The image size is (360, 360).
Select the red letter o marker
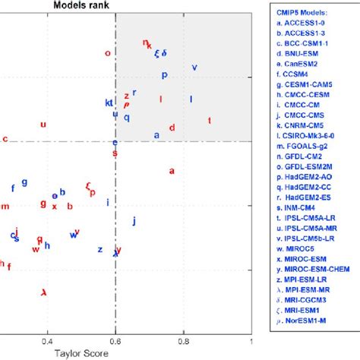tap(107, 53)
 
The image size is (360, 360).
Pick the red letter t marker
tap(210, 121)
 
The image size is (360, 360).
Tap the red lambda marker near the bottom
tap(43, 292)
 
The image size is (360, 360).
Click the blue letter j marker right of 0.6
tap(134, 221)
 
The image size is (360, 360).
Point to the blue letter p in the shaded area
tap(164, 75)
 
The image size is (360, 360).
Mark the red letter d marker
tap(172, 128)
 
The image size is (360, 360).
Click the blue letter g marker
tap(24, 182)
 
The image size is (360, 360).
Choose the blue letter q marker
tap(127, 117)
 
